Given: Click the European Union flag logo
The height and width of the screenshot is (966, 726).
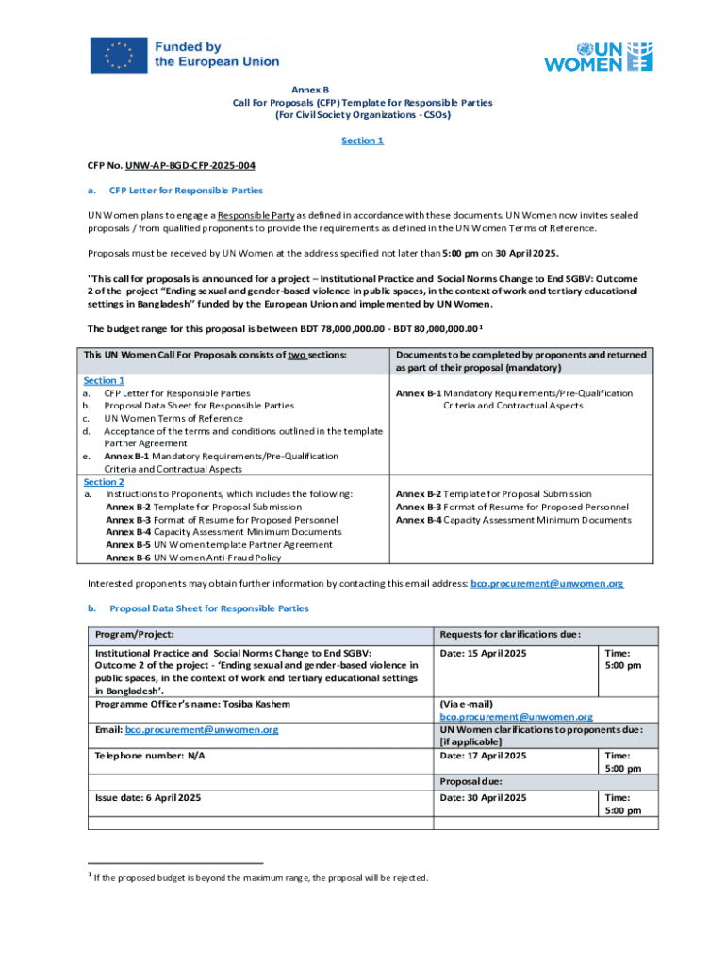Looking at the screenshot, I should (x=119, y=55).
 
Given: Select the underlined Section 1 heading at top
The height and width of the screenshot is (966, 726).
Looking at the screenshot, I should (x=362, y=141).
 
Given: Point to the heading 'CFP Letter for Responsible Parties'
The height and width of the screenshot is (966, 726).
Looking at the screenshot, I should (x=183, y=190).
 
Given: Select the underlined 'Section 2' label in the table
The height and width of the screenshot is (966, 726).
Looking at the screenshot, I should (x=105, y=481).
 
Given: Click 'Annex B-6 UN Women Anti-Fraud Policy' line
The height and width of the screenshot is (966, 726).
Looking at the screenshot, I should (x=193, y=558).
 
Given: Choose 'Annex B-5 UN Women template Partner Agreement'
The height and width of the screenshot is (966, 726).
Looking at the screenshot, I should (x=219, y=544).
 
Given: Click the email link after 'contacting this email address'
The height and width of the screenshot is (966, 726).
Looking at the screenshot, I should (x=546, y=584).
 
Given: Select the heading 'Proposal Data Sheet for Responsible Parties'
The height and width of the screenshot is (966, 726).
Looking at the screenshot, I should (x=209, y=608).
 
